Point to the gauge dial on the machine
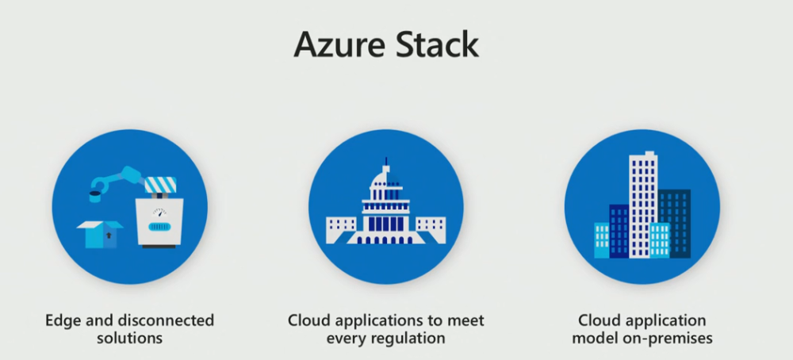tap(161, 213)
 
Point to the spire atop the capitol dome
tap(385, 163)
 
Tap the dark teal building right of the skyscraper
tap(675, 222)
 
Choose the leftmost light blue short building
tap(602, 240)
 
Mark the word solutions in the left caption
tap(130, 338)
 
